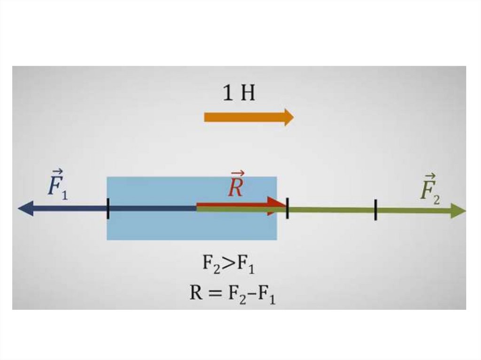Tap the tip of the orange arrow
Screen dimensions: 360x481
[x=292, y=116]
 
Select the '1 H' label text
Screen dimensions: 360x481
[x=239, y=94]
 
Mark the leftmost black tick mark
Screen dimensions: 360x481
[x=108, y=208]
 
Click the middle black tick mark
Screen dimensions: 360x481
[x=287, y=208]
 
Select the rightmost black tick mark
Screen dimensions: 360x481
[x=376, y=209]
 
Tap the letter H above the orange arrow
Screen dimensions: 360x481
[x=248, y=94]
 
